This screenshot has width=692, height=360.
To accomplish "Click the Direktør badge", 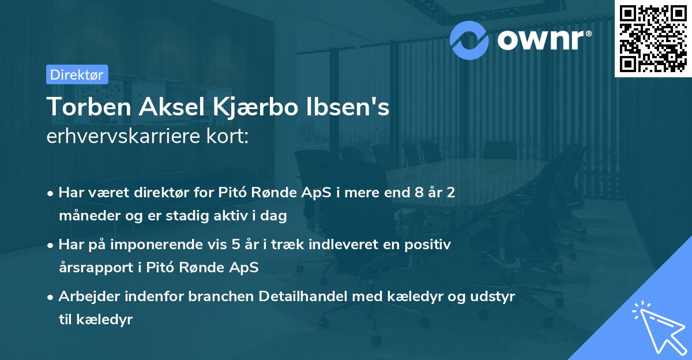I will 76,74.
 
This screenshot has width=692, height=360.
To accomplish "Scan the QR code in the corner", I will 652,38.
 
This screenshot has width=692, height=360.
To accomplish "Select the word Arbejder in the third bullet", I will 84,296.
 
